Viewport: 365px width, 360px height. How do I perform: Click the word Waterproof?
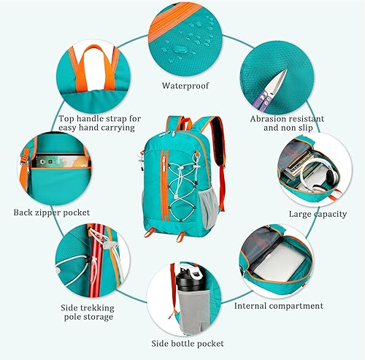coord(185,85)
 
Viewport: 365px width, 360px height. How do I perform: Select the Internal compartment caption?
coord(278,305)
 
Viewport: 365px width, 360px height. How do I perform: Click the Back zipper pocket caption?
coord(51,212)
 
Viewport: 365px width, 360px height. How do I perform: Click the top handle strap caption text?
coord(100,122)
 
